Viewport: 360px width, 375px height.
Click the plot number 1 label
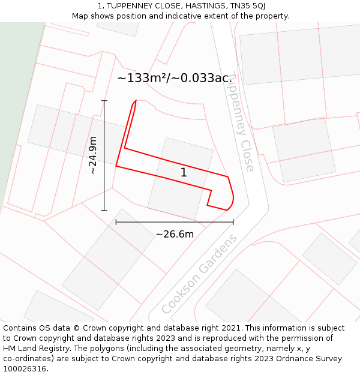pos(184,173)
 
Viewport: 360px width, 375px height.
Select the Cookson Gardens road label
pos(199,274)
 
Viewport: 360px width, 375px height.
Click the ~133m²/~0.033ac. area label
pos(174,78)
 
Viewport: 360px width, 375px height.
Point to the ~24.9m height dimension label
pos(93,155)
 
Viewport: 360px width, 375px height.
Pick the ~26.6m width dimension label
pos(175,234)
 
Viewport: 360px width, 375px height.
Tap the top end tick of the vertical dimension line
pos(104,100)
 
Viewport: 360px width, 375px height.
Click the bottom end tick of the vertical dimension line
pos(104,210)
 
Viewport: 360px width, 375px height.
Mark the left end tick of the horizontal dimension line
pos(116,222)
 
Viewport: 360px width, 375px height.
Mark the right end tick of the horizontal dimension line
pos(233,222)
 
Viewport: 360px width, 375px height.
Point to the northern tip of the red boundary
pos(136,101)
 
